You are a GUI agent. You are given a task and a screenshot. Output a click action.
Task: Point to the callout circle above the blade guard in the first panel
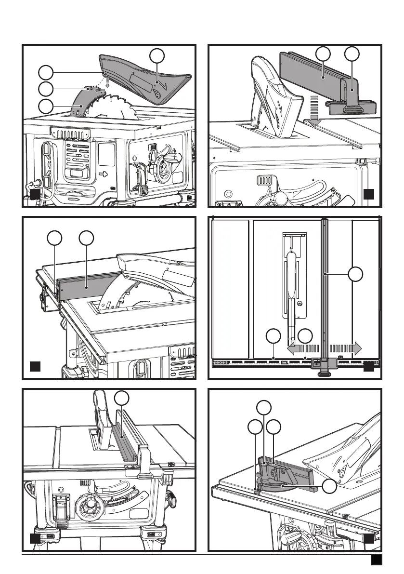pos(156,55)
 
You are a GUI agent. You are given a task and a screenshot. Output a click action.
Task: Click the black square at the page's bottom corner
pos(376,561)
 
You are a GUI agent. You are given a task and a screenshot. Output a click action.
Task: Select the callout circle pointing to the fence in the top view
pos(355,275)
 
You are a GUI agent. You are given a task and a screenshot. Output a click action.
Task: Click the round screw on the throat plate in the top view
pos(300,304)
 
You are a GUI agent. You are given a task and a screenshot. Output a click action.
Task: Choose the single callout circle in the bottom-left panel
pos(123,398)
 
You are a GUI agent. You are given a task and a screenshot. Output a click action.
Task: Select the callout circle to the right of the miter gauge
pos(329,486)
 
